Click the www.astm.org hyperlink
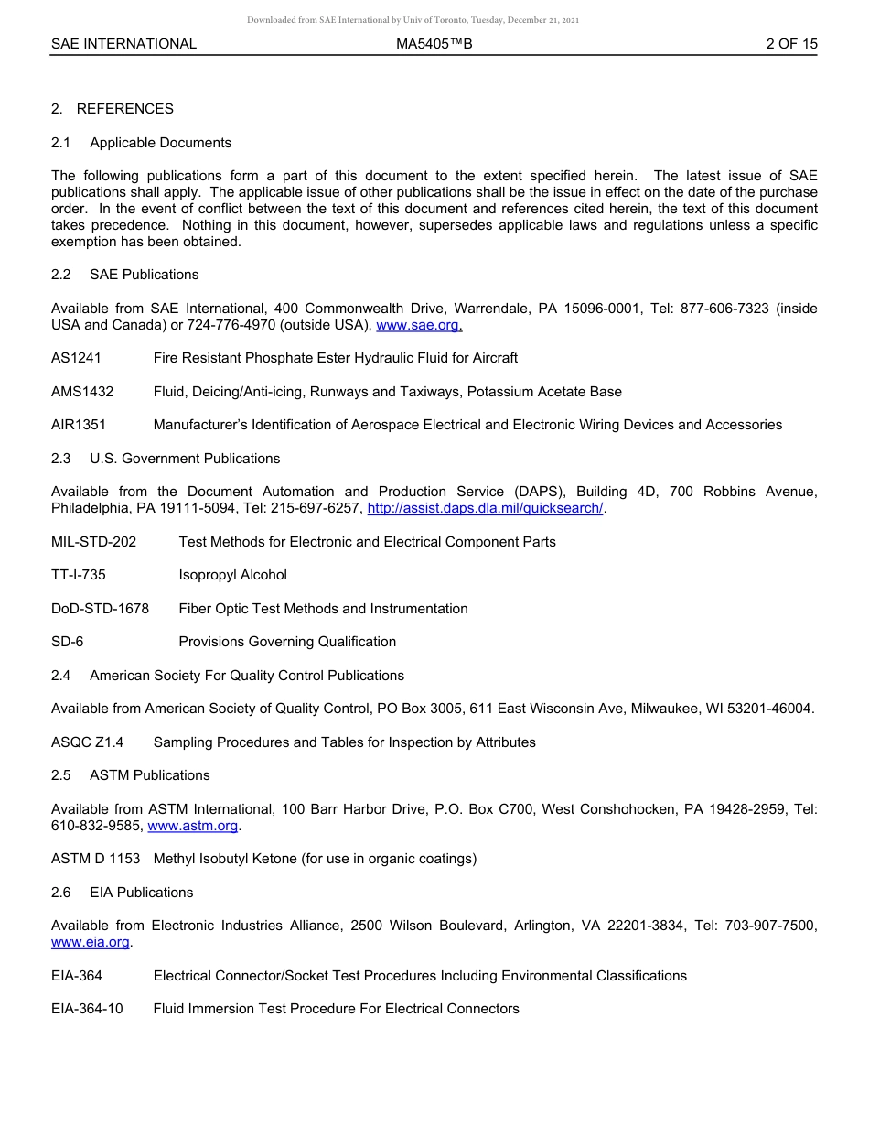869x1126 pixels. [193, 826]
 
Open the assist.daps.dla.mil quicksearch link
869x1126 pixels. [485, 509]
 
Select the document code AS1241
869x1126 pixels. [76, 358]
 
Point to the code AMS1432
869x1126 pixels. [82, 392]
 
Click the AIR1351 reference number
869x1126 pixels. [79, 425]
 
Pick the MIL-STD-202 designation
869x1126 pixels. [93, 542]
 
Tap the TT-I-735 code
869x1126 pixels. [79, 575]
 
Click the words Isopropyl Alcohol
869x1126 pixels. [232, 575]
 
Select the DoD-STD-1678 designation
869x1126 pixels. [100, 609]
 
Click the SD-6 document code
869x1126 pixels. [67, 642]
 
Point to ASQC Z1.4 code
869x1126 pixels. [87, 742]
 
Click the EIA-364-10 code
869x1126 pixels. [87, 1009]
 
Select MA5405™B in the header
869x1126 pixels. [434, 44]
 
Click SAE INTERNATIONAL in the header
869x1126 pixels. [123, 44]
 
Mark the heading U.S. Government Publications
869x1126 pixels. [185, 459]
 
